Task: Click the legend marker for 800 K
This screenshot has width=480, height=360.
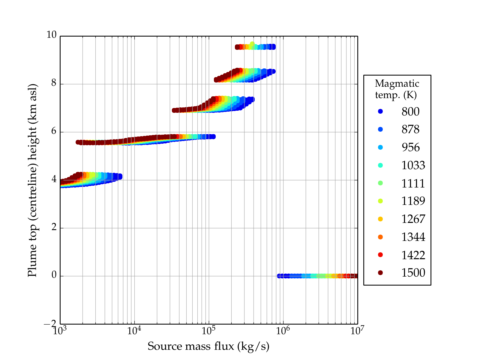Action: coord(380,111)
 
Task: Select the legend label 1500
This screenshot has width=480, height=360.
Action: coord(413,273)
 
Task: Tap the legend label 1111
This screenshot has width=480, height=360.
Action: coord(413,183)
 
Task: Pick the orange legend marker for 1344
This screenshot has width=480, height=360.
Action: coord(380,237)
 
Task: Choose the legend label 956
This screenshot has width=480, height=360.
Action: coord(410,147)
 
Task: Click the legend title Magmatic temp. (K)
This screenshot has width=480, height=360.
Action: coord(397,89)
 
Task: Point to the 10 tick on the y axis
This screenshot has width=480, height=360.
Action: coord(51,35)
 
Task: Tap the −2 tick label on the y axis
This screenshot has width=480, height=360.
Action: coord(50,324)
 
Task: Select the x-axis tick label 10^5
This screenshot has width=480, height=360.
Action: coord(208,331)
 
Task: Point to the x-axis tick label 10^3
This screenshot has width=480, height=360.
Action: coord(60,331)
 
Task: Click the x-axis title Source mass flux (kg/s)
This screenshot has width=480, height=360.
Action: coord(208,346)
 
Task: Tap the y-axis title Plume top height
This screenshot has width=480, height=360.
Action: coord(32,180)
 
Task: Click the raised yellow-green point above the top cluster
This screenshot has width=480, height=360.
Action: coord(252,44)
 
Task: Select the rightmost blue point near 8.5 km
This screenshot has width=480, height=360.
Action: coord(273,71)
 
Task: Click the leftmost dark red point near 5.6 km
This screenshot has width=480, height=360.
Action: coord(78,142)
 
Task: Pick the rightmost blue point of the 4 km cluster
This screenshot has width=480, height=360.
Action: coord(120,176)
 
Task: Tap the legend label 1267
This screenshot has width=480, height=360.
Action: coord(413,219)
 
